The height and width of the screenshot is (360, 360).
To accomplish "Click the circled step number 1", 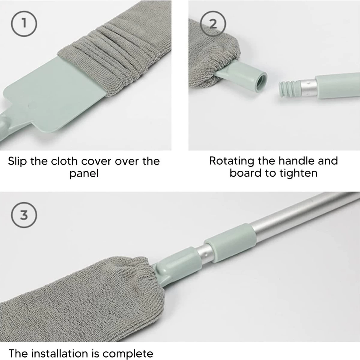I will click(24, 24).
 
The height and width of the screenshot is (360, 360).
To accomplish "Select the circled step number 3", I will click(24, 215).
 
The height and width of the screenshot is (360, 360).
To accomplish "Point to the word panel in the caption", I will click(84, 174).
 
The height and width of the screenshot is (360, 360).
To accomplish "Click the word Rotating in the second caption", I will click(231, 161).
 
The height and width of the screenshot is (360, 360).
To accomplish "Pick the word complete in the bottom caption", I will click(131, 352).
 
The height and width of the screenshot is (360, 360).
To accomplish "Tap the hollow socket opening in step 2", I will click(260, 81).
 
